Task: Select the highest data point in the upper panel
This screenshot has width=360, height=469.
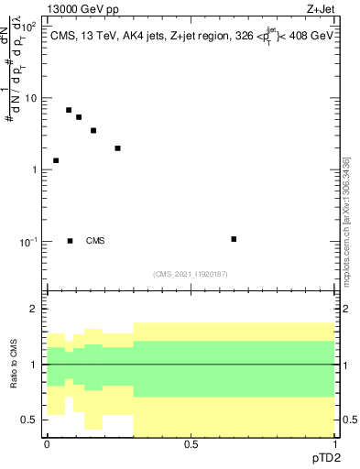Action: tap(69, 110)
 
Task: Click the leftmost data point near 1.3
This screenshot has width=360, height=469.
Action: tap(56, 160)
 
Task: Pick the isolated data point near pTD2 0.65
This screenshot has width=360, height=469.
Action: tap(235, 239)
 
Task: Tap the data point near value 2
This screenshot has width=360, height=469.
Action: tap(118, 147)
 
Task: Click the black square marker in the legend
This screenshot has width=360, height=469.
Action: tap(71, 241)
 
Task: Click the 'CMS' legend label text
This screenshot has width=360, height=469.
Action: tap(95, 241)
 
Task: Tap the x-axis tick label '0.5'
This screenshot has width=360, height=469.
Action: tap(191, 444)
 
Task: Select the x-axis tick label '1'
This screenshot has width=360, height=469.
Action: tap(334, 444)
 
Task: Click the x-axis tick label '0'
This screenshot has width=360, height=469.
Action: tap(47, 444)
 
